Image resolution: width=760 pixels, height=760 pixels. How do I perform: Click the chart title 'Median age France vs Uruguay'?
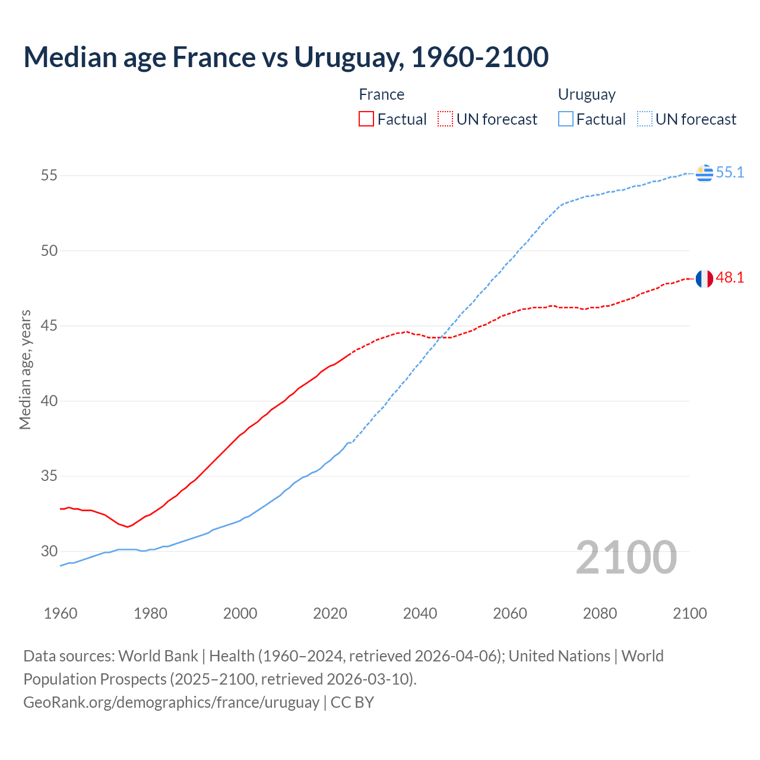286,57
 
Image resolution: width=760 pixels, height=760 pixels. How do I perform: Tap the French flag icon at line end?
704,278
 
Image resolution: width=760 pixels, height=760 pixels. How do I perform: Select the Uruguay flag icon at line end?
704,173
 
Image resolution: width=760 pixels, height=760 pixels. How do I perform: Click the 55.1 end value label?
730,173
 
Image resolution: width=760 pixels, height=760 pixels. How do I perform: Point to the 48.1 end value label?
730,278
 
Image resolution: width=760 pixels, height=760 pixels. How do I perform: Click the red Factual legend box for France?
366,119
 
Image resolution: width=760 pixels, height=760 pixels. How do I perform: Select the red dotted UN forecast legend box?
445,119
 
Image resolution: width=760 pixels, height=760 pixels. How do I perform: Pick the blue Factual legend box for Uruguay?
566,119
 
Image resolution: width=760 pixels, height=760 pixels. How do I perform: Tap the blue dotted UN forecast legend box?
645,119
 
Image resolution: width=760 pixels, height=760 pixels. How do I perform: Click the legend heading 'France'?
381,94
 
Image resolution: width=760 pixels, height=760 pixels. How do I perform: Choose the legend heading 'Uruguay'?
586,95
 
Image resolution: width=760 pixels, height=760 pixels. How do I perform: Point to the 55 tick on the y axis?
49,176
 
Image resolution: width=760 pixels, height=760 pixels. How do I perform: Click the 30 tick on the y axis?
49,552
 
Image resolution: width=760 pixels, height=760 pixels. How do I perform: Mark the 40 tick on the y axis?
49,401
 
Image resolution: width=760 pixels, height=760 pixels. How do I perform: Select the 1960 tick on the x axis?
61,613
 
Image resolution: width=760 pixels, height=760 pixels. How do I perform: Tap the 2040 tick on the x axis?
420,613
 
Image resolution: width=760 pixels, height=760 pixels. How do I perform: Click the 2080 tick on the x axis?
600,613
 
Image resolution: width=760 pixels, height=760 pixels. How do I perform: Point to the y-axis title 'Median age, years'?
25,369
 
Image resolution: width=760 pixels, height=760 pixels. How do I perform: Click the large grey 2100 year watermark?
626,558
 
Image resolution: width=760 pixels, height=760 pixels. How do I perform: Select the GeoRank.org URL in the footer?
171,702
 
